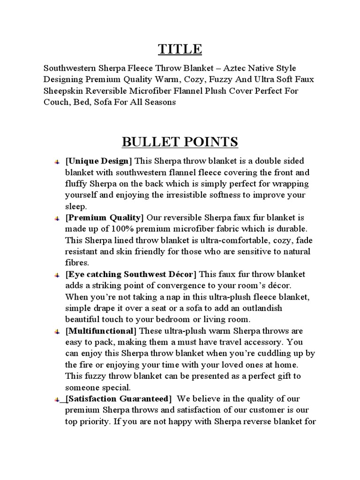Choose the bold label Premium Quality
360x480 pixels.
point(104,217)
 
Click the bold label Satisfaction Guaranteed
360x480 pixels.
point(119,399)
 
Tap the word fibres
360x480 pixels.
point(77,262)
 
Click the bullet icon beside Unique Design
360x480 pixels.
point(56,162)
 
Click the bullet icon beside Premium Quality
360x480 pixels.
point(56,218)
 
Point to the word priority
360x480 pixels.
point(96,421)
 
